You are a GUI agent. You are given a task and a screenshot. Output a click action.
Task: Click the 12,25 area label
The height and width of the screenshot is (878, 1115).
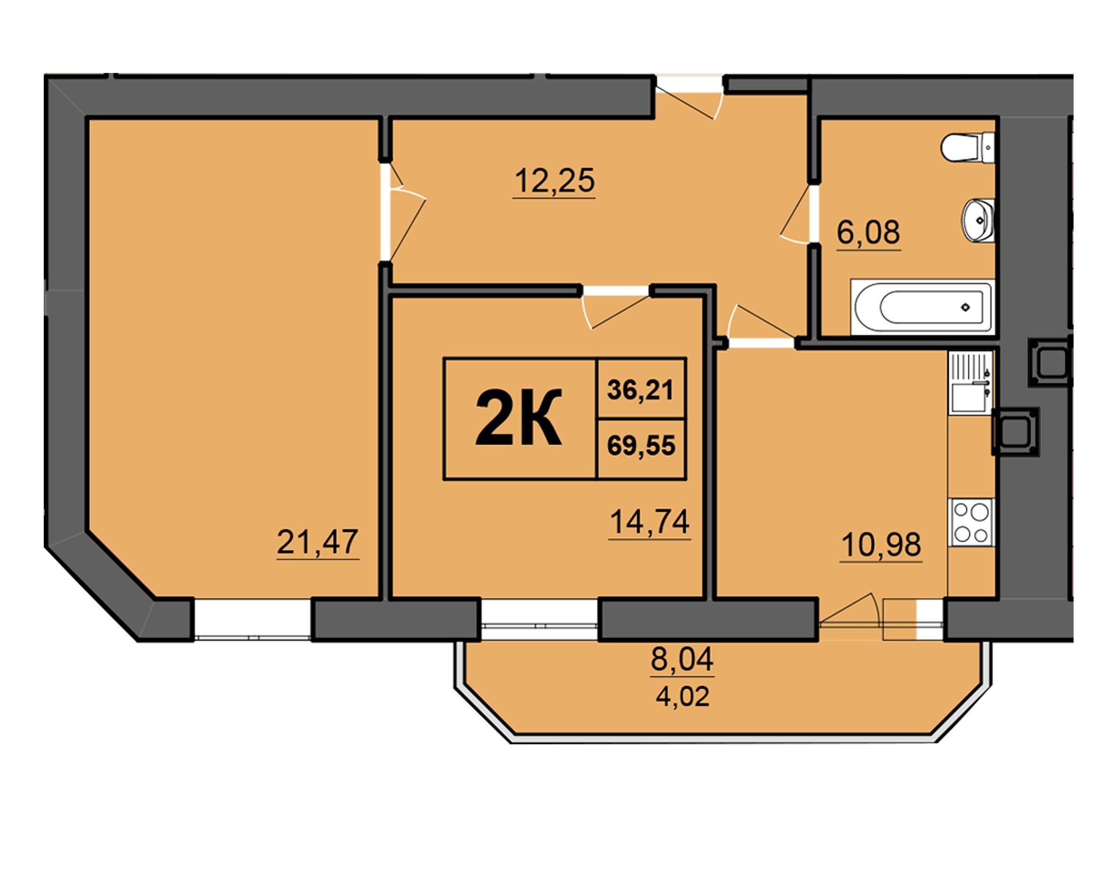[x=554, y=181]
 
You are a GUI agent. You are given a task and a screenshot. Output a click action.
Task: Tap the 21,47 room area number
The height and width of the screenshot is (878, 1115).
[x=317, y=542]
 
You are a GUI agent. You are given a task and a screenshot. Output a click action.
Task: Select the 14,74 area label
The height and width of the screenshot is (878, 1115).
[x=650, y=522]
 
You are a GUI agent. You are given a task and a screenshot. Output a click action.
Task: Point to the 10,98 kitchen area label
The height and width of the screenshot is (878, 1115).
[x=881, y=544]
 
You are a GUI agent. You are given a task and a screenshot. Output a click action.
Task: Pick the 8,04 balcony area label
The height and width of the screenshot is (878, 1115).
[x=682, y=660]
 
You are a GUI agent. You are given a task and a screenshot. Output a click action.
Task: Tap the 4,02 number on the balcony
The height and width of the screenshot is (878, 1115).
[x=682, y=697]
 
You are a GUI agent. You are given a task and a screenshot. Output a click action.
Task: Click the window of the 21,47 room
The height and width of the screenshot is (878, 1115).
[x=253, y=620]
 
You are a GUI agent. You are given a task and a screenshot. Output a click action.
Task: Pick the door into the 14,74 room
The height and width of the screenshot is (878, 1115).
[x=616, y=307]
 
